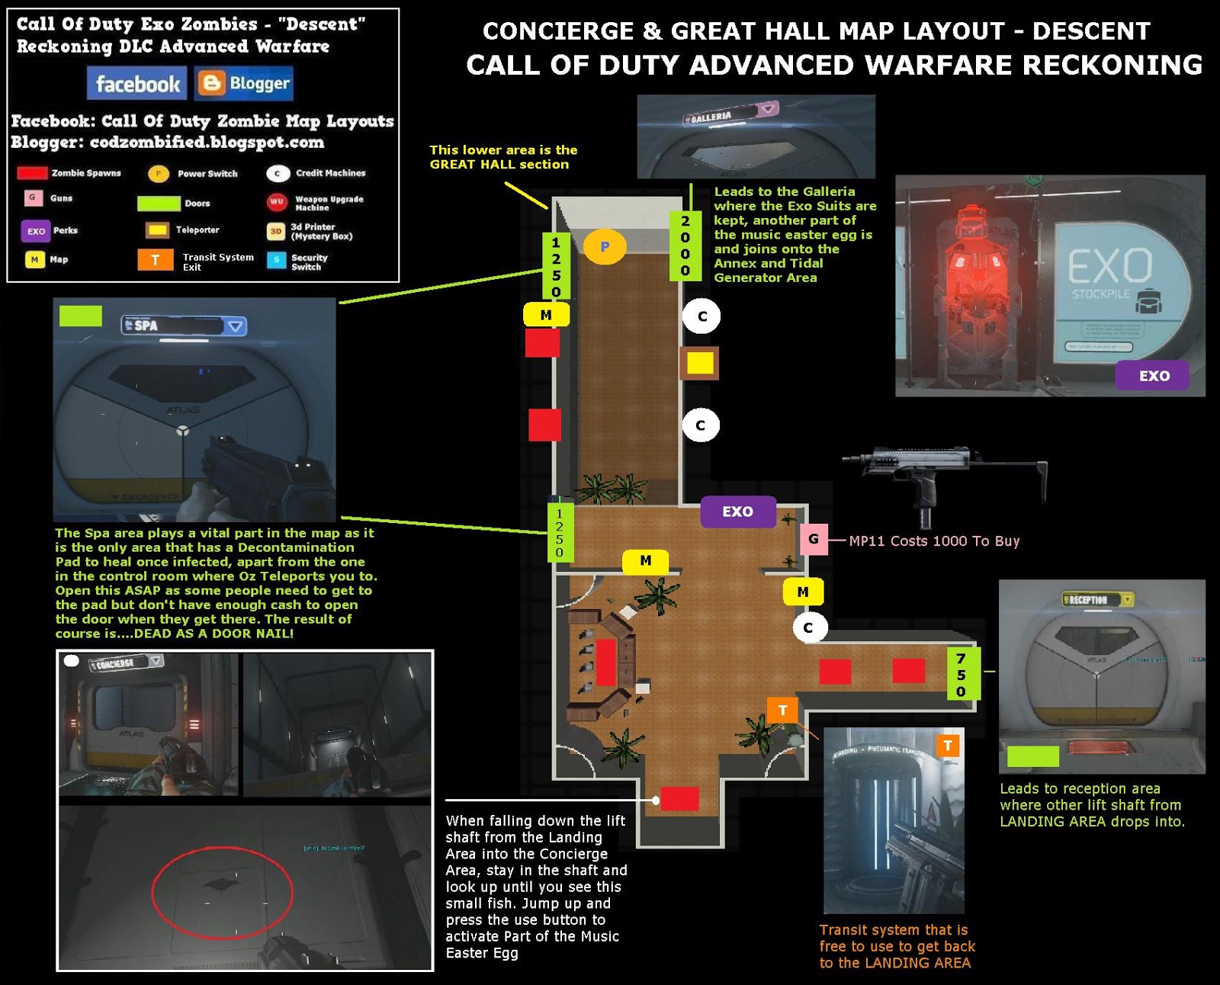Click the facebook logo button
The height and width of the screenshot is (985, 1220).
click(x=137, y=83)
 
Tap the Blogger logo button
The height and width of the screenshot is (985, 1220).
click(x=244, y=83)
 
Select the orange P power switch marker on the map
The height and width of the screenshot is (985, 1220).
click(x=605, y=246)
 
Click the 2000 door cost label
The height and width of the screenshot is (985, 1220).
click(x=685, y=245)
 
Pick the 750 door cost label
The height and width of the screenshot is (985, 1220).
click(x=962, y=674)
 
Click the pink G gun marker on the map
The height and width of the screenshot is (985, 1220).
click(x=814, y=539)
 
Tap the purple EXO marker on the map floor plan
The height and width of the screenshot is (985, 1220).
click(x=737, y=512)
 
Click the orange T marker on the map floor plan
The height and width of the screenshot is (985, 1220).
click(x=782, y=711)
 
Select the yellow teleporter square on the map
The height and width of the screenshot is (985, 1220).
click(x=700, y=363)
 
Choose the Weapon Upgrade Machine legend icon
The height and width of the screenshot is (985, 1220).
click(x=276, y=202)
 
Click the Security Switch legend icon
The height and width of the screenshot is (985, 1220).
click(x=276, y=261)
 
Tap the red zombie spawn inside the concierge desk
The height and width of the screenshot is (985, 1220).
click(x=606, y=663)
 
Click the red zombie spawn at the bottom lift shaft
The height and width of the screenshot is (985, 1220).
click(x=679, y=799)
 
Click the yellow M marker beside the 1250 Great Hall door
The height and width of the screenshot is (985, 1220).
click(x=546, y=315)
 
